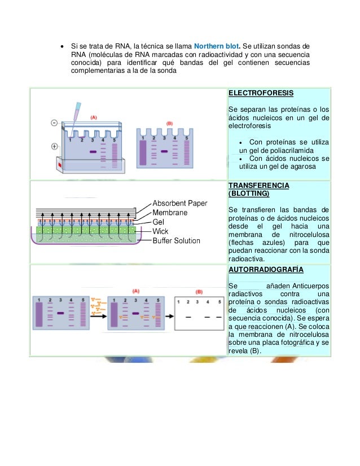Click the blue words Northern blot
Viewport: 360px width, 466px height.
217,45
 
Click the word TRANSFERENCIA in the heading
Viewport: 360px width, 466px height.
258,185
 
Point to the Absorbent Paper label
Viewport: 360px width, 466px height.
180,204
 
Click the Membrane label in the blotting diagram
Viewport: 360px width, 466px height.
170,213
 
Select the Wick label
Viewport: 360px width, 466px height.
160,231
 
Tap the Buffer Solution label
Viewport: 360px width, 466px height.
176,241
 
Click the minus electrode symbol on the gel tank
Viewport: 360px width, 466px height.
54,122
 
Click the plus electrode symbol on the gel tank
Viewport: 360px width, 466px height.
54,147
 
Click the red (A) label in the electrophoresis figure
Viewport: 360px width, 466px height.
94,117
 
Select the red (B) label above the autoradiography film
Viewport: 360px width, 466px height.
198,292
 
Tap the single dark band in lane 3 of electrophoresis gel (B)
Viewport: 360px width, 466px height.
164,151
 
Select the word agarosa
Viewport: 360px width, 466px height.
302,167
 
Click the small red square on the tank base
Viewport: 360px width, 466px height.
59,165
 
